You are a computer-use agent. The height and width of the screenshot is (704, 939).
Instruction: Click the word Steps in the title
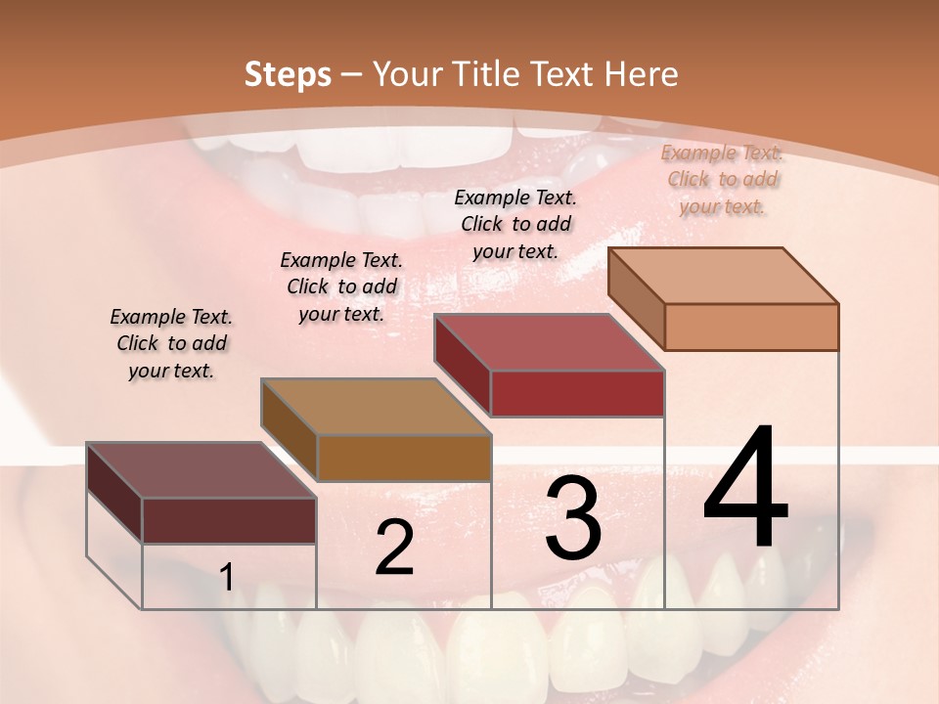click(x=288, y=74)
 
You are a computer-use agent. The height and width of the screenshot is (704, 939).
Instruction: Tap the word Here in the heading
click(x=641, y=74)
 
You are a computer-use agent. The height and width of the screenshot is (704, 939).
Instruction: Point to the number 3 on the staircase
click(x=573, y=518)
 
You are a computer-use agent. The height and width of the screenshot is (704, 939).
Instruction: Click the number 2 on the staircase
click(x=394, y=548)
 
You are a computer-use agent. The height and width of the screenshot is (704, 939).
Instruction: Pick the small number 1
click(x=227, y=577)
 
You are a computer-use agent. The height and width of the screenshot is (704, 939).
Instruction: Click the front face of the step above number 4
click(x=751, y=327)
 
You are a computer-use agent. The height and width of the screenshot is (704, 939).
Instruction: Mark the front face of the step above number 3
click(x=577, y=393)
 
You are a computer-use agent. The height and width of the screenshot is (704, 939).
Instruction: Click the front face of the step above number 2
click(x=404, y=458)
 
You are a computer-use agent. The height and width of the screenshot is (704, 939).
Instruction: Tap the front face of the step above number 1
click(x=229, y=520)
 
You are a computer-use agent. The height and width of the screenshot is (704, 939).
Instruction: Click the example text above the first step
click(x=171, y=343)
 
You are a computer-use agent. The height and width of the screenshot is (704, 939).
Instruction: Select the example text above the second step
click(x=341, y=286)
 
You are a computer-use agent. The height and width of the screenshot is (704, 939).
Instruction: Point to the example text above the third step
click(x=515, y=224)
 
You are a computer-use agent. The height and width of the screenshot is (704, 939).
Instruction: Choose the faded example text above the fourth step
click(x=722, y=179)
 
